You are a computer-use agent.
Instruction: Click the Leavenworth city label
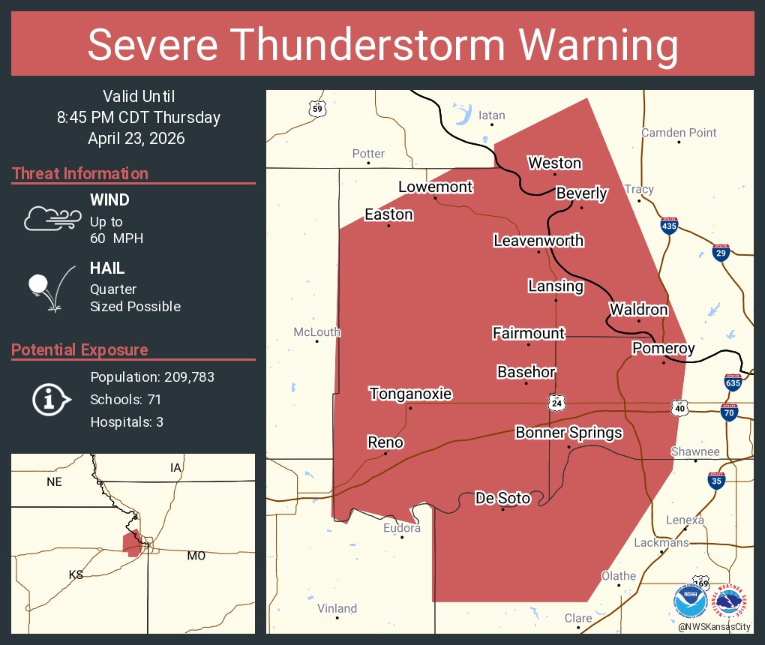point(538,241)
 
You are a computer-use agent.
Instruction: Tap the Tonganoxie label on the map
point(410,394)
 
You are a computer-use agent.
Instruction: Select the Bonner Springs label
point(568,433)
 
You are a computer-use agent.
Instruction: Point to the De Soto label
point(502,498)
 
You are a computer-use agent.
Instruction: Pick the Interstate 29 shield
point(721,252)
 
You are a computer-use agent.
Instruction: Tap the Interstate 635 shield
point(733,382)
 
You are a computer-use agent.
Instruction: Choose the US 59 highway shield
point(317,109)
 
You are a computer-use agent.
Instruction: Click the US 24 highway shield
point(555,403)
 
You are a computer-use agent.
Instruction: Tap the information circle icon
point(50,400)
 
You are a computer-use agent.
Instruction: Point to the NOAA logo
point(690,601)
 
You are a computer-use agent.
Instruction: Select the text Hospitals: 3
point(127,422)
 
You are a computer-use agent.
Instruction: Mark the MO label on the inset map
point(196,556)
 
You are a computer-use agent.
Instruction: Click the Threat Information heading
point(80,174)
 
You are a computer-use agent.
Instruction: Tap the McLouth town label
point(316,331)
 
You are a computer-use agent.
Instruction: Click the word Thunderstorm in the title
point(383,45)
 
